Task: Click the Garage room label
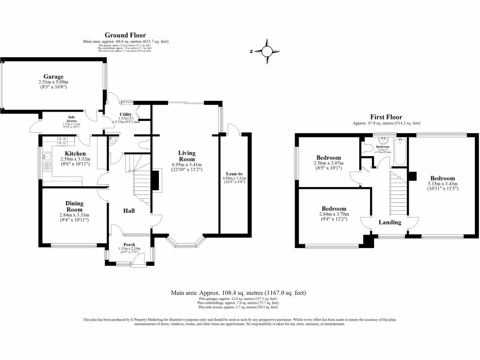pos(53,76)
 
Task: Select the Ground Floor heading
pos(125,35)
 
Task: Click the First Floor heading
pos(386,117)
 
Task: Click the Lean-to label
pos(234,173)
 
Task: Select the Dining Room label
pos(75,206)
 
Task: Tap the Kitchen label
pos(75,154)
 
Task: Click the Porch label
pos(129,244)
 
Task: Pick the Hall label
pos(129,211)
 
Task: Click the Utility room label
pos(126,114)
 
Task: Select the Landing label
pos(390,223)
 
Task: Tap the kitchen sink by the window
pos(47,159)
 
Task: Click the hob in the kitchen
pos(62,139)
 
